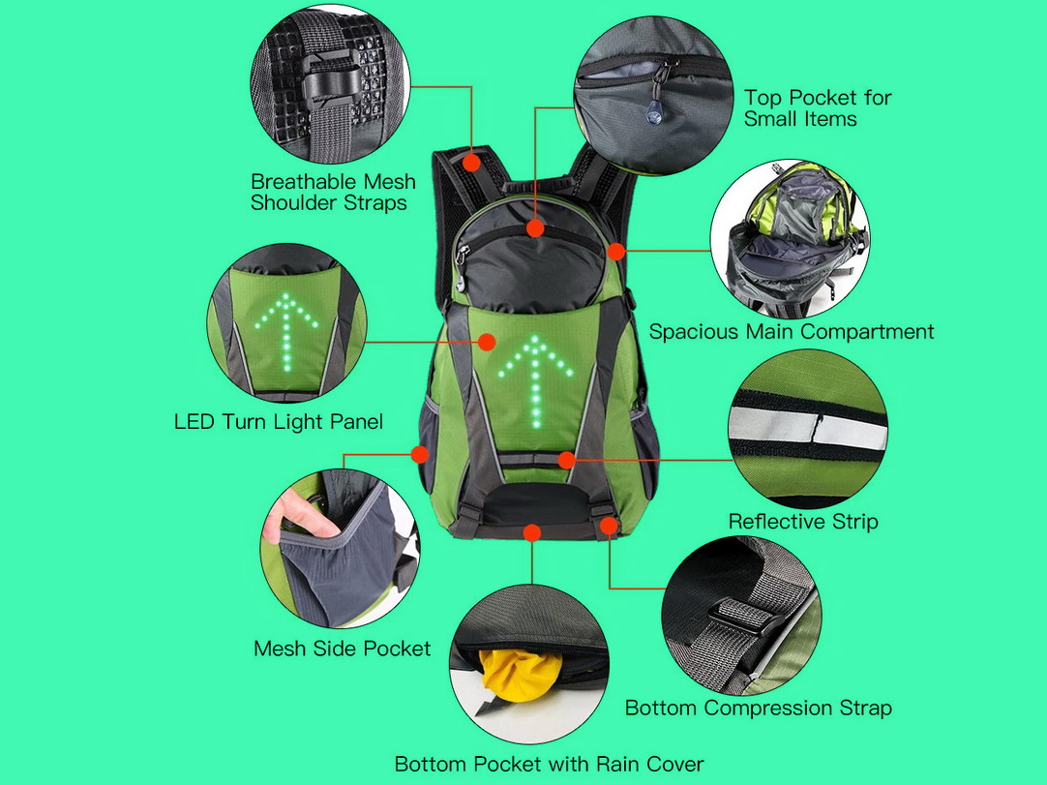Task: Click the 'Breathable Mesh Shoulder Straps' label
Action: pyautogui.click(x=333, y=192)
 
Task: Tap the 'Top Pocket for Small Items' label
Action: pyautogui.click(x=818, y=108)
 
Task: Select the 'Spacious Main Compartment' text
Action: pyautogui.click(x=792, y=331)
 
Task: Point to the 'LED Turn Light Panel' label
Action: pyautogui.click(x=279, y=422)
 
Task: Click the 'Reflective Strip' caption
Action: pyautogui.click(x=802, y=521)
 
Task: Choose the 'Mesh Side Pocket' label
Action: pyautogui.click(x=342, y=649)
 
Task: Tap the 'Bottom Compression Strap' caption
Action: pyautogui.click(x=758, y=708)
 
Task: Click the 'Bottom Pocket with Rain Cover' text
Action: pyautogui.click(x=549, y=764)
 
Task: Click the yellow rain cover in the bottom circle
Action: pyautogui.click(x=521, y=675)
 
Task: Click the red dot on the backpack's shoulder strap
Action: pyautogui.click(x=472, y=163)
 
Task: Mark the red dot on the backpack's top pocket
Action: pyautogui.click(x=535, y=228)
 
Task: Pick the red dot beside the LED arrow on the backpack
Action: pyautogui.click(x=487, y=342)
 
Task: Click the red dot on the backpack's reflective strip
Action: pyautogui.click(x=566, y=460)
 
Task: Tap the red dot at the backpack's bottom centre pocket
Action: pyautogui.click(x=532, y=532)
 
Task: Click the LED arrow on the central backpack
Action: pyautogui.click(x=535, y=381)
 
